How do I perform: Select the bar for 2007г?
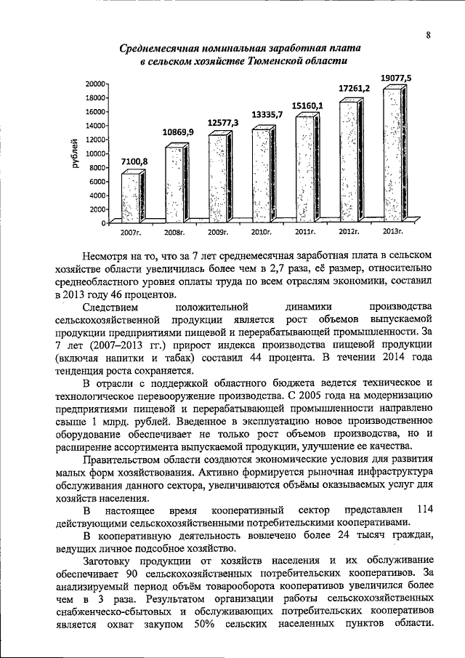[x=131, y=196]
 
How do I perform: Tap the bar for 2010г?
[x=261, y=174]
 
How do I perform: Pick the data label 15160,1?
[x=307, y=105]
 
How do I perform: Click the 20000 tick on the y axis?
[x=94, y=84]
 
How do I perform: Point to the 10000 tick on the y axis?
[x=94, y=153]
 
